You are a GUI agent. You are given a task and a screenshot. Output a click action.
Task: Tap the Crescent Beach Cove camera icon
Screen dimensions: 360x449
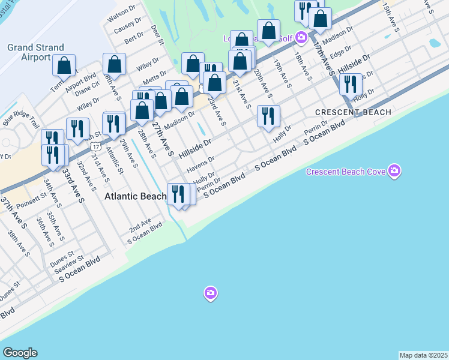coord(394,172)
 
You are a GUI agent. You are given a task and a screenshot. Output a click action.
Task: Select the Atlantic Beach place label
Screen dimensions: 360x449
coord(135,196)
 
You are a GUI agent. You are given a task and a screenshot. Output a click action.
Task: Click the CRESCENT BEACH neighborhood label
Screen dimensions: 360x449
coord(353,112)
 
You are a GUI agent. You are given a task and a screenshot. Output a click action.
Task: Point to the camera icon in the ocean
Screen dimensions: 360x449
coord(210,293)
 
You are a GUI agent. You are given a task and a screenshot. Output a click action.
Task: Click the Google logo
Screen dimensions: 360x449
coord(20,353)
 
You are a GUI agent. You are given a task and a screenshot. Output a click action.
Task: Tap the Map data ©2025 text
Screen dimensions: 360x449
coord(423,355)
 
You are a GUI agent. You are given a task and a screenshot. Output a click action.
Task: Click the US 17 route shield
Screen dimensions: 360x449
coord(95,146)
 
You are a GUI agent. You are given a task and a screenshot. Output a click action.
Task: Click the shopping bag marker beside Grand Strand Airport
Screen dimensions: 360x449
coord(64,65)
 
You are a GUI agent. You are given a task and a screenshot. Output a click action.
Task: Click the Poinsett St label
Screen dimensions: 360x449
coord(32,196)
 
